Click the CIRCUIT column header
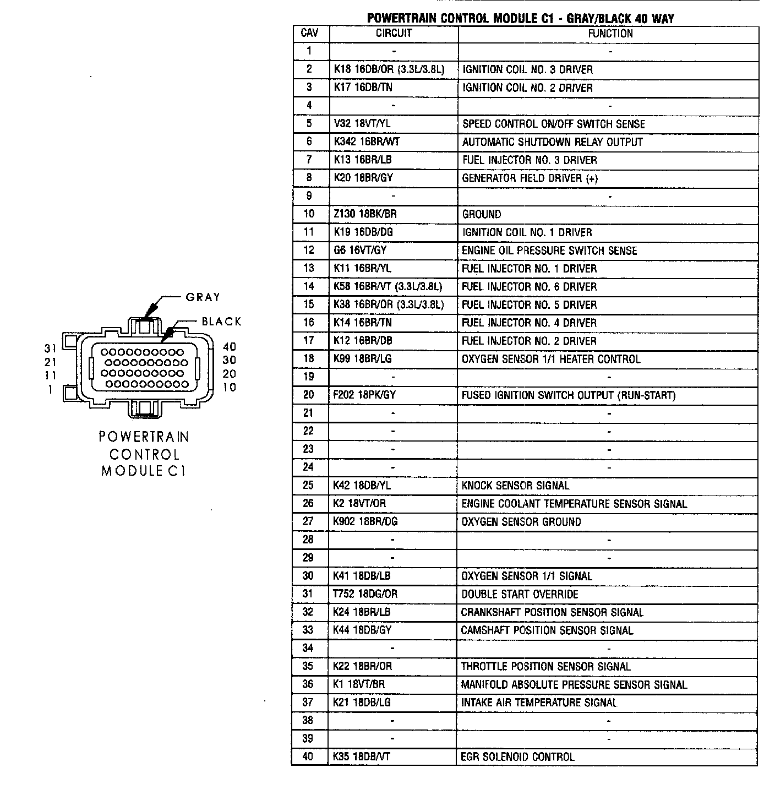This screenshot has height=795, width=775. click(394, 33)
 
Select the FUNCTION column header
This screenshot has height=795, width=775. click(610, 33)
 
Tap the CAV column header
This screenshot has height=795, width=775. click(309, 33)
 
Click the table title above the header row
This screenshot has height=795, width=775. click(520, 18)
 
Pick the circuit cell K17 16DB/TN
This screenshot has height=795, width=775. click(363, 87)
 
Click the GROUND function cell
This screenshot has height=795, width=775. click(482, 214)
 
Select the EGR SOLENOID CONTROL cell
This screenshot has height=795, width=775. click(517, 756)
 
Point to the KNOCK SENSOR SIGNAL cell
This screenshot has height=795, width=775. click(515, 485)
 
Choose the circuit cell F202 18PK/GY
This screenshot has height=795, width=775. click(364, 395)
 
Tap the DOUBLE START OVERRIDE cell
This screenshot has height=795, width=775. click(520, 594)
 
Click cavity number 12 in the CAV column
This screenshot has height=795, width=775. click(309, 250)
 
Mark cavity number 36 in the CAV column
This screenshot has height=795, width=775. click(308, 684)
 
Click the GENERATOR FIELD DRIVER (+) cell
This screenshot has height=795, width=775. click(530, 178)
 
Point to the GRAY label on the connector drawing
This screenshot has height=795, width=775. click(203, 297)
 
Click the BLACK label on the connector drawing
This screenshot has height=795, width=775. click(221, 322)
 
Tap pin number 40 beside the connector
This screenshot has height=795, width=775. click(230, 347)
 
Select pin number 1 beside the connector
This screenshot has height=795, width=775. click(51, 389)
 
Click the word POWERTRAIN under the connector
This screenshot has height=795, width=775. click(144, 437)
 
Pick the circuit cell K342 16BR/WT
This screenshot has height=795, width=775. click(367, 141)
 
